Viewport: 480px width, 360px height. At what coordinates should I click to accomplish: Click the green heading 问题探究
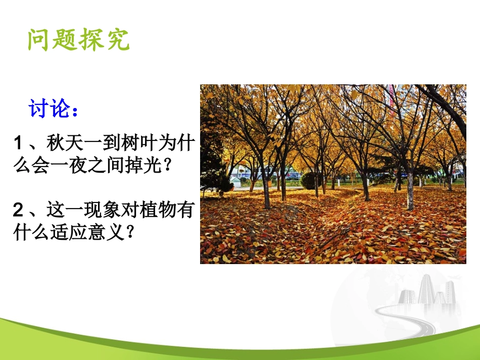79,40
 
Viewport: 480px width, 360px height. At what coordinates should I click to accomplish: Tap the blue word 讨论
49,109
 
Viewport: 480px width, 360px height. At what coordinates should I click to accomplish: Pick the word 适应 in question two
66,232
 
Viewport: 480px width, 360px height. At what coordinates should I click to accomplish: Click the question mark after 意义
129,232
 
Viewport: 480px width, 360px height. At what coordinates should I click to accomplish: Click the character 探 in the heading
91,40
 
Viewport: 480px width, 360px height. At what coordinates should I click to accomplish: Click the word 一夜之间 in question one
90,167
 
